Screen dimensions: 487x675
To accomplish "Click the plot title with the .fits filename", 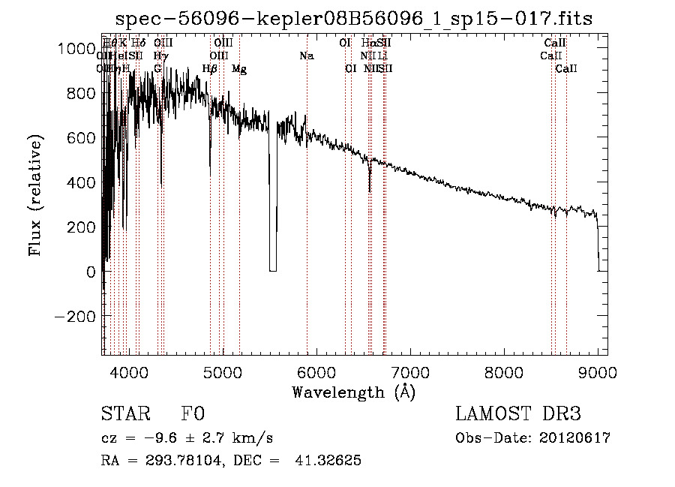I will tap(355, 20).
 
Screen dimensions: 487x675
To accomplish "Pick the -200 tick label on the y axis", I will tap(73, 317).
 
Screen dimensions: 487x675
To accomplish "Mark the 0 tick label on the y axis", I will tap(90, 272).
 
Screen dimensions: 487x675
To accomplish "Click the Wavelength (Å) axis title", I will tap(353, 392).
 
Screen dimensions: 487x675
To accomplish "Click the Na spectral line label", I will tap(306, 56).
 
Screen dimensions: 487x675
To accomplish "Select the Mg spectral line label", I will tap(239, 69).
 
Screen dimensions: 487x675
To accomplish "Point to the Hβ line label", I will tap(210, 69).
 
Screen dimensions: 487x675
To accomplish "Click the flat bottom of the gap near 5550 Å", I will tap(273, 270).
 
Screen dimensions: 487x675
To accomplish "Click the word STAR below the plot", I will tap(125, 414).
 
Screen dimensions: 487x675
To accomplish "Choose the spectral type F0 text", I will tap(193, 414).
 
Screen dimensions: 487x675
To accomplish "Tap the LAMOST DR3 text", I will tap(518, 414).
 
